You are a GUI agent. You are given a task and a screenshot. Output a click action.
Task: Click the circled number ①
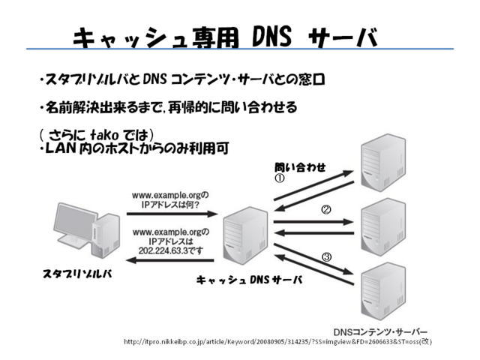pyautogui.click(x=278, y=178)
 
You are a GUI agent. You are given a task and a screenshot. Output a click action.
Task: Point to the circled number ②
pyautogui.click(x=326, y=210)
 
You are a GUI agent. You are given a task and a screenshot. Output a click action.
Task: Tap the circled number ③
pyautogui.click(x=326, y=257)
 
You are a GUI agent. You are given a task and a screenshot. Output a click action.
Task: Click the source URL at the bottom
pyautogui.click(x=277, y=342)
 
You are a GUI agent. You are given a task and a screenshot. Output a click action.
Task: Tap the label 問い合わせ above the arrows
pyautogui.click(x=299, y=167)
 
